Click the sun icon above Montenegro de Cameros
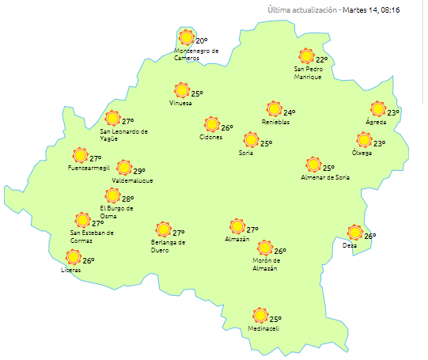tap(186, 37)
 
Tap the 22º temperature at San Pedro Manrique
tap(322, 59)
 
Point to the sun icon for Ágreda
tap(378, 109)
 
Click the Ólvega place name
tap(362, 153)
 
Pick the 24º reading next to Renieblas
tap(290, 112)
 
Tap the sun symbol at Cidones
tap(211, 124)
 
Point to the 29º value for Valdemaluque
tap(139, 171)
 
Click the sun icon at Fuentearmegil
tap(79, 155)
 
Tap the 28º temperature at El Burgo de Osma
tap(127, 199)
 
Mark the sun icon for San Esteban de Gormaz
tap(81, 220)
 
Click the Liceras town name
tap(71, 270)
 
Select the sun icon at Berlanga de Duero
tap(163, 229)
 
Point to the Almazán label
tap(237, 239)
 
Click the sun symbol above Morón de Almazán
tap(265, 248)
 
